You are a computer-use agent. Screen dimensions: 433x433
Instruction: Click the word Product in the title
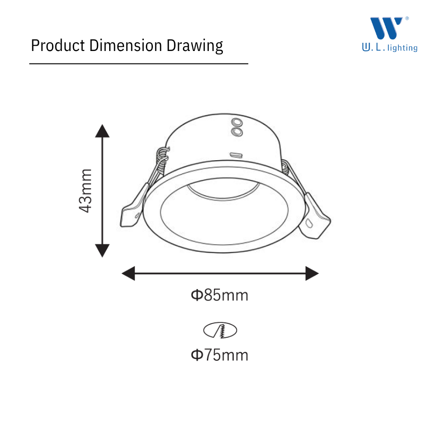tap(58, 45)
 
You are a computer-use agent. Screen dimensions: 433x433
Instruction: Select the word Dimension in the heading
tap(126, 45)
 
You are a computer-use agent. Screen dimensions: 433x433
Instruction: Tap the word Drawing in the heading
tap(195, 46)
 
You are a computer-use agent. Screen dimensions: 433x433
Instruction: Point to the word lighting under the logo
tap(402, 48)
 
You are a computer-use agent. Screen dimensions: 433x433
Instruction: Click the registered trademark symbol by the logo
tap(407, 18)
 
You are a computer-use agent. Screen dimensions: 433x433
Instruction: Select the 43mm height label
tap(85, 191)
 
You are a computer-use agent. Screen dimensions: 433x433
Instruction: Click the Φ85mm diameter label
tap(219, 295)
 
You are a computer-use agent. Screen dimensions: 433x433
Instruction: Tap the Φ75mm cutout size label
tap(219, 355)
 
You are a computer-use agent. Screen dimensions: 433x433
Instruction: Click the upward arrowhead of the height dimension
tap(102, 131)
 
